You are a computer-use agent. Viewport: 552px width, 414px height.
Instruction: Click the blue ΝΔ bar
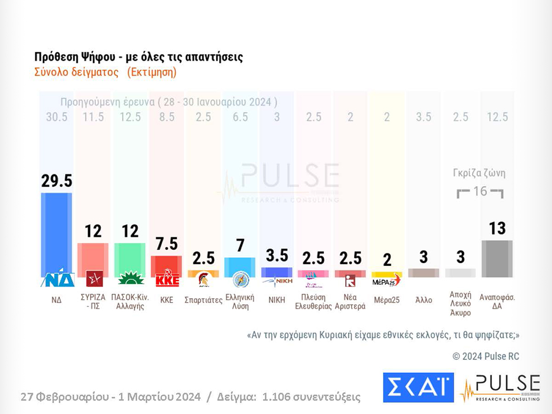click(x=56, y=231)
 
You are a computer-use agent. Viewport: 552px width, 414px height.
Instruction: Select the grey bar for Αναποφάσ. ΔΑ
click(x=497, y=258)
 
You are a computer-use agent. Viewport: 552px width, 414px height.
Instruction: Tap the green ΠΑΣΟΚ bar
click(x=130, y=257)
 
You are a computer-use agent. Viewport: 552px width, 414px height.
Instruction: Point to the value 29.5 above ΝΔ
click(x=56, y=181)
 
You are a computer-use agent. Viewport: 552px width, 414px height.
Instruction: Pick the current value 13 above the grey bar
click(x=497, y=228)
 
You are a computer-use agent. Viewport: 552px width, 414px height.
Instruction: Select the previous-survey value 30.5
click(x=56, y=117)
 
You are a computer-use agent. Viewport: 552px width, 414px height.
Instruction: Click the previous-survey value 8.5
click(x=167, y=117)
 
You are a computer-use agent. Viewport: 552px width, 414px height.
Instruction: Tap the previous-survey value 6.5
click(x=240, y=117)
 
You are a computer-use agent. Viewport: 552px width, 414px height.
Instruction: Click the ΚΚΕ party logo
click(x=167, y=279)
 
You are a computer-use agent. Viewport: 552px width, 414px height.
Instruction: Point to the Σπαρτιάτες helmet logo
click(x=204, y=279)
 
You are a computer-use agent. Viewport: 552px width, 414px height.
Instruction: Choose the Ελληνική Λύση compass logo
click(x=240, y=279)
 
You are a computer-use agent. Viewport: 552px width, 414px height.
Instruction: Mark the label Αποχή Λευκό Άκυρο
click(x=461, y=303)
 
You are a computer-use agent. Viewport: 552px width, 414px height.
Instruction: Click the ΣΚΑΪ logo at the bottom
click(x=418, y=387)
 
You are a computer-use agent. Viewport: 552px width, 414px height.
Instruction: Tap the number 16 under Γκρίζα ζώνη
click(x=480, y=192)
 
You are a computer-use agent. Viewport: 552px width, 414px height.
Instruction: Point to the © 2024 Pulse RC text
click(x=485, y=356)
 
